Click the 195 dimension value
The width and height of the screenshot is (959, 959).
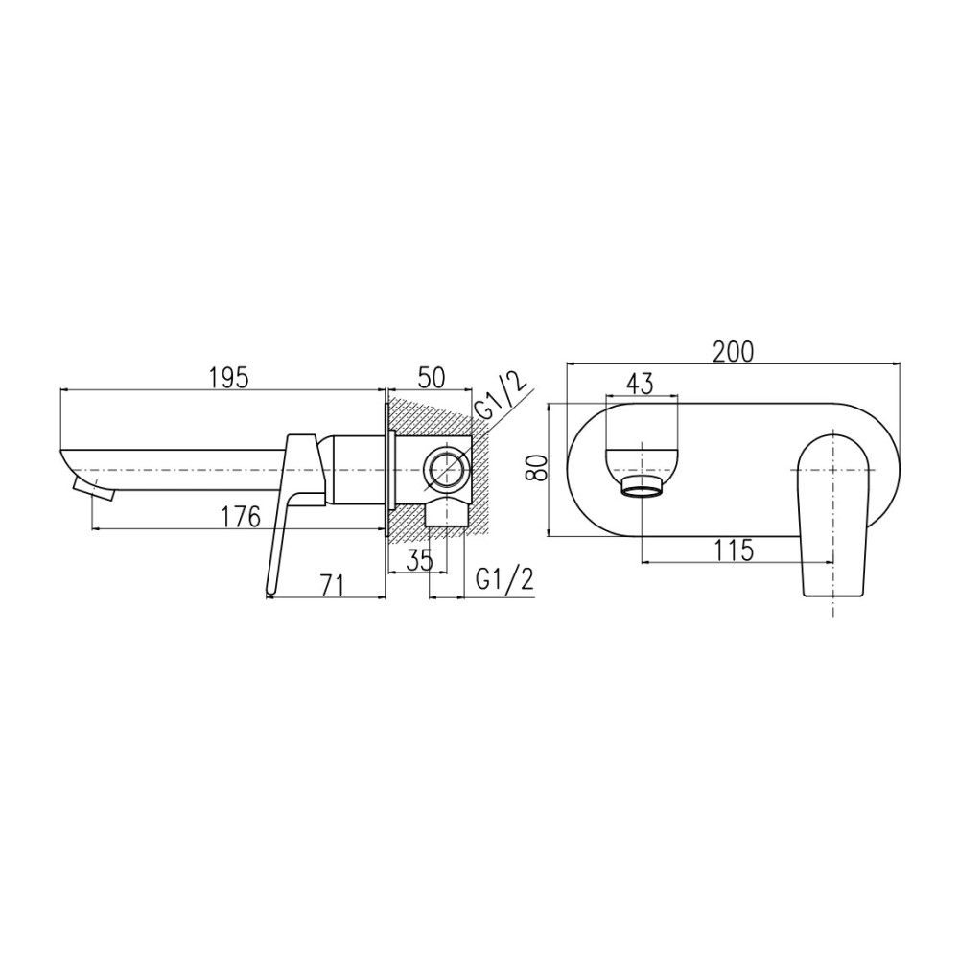pyautogui.click(x=229, y=378)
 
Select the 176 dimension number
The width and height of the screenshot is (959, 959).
pyautogui.click(x=241, y=517)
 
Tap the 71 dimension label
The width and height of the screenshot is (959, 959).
pyautogui.click(x=332, y=585)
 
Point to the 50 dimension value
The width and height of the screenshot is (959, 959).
pyautogui.click(x=432, y=378)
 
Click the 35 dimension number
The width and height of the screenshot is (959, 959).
pyautogui.click(x=419, y=559)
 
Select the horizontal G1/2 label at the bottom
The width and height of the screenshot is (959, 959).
pyautogui.click(x=504, y=579)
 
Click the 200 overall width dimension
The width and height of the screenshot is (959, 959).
pyautogui.click(x=734, y=352)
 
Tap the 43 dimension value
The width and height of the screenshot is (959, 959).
pyautogui.click(x=641, y=384)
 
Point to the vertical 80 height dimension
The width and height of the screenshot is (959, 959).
pyautogui.click(x=537, y=468)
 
